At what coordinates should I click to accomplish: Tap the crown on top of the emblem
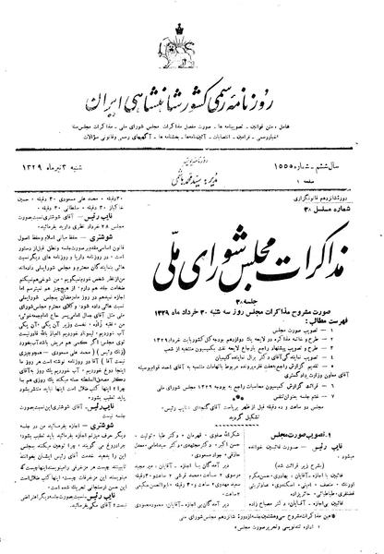point(193,20)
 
